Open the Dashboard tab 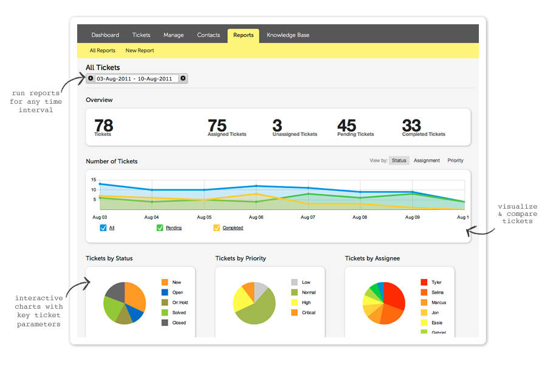pyautogui.click(x=105, y=35)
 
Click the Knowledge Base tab pyautogui.click(x=287, y=35)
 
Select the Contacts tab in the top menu pyautogui.click(x=208, y=35)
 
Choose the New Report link pyautogui.click(x=140, y=51)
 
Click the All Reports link pyautogui.click(x=102, y=51)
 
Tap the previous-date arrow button pyautogui.click(x=91, y=78)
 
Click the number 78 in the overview pyautogui.click(x=103, y=126)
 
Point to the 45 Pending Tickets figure pyautogui.click(x=347, y=126)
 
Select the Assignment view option pyautogui.click(x=427, y=161)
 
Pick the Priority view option pyautogui.click(x=455, y=161)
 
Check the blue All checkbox pyautogui.click(x=103, y=228)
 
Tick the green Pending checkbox pyautogui.click(x=160, y=228)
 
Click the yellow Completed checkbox pyautogui.click(x=217, y=228)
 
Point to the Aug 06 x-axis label pyautogui.click(x=256, y=217)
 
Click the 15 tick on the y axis pyautogui.click(x=94, y=180)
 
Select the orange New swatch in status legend pyautogui.click(x=165, y=282)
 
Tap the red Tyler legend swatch pyautogui.click(x=424, y=282)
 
